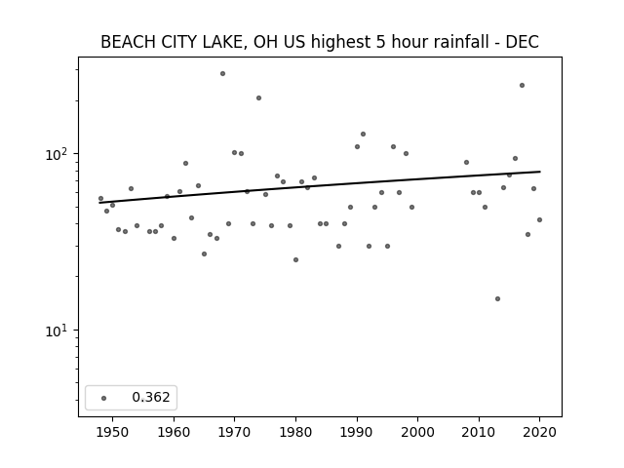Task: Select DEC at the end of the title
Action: pyautogui.click(x=523, y=42)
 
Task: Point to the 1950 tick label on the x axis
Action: pyautogui.click(x=113, y=432)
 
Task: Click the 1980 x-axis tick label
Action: pyautogui.click(x=295, y=432)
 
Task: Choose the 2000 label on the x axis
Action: pyautogui.click(x=418, y=432)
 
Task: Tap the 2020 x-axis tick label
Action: pyautogui.click(x=539, y=432)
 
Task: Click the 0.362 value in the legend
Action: pyautogui.click(x=151, y=397)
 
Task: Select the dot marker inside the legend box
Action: pyautogui.click(x=104, y=398)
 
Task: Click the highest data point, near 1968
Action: pyautogui.click(x=223, y=74)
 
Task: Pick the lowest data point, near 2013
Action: pyautogui.click(x=497, y=299)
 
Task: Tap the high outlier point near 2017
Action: pyautogui.click(x=523, y=85)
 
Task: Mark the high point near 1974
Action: pyautogui.click(x=259, y=97)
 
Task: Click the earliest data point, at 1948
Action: pyautogui.click(x=100, y=198)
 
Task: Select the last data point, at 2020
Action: pyautogui.click(x=539, y=219)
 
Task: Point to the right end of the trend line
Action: pyautogui.click(x=540, y=172)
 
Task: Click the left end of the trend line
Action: pyautogui.click(x=99, y=203)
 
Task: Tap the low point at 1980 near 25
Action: pyautogui.click(x=295, y=260)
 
